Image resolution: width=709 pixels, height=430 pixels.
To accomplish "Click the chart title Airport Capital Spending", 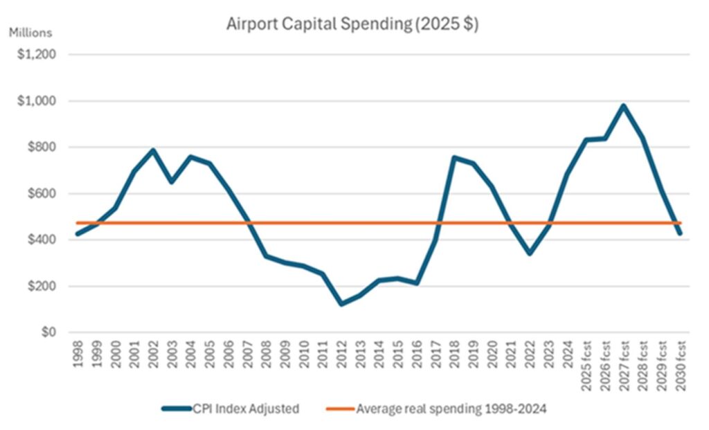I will pos(353,24).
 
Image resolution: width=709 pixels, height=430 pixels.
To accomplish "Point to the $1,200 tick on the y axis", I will pos(38,55).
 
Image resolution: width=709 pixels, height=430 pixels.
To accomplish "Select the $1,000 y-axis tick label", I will pos(38,101).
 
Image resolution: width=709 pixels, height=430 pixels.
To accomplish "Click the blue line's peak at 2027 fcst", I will pos(624,106).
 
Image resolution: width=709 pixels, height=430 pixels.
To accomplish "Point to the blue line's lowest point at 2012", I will pos(341,304).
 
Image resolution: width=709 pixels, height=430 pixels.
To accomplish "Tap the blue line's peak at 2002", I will pos(153,150).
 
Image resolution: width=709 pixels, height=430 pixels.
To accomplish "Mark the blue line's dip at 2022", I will pos(530,253).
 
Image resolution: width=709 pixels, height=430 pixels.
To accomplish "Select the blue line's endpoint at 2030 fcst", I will pos(680,233).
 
